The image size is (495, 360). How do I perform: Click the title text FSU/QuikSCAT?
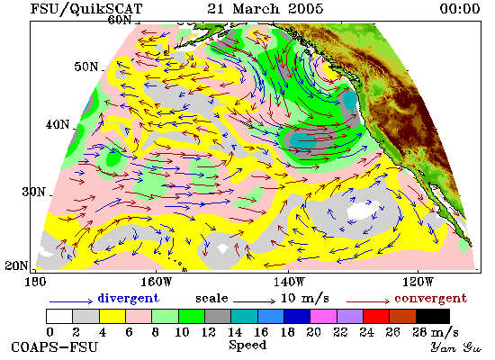tap(86, 8)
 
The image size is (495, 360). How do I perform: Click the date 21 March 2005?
tap(265, 8)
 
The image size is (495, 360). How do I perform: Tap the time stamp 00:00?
tap(460, 8)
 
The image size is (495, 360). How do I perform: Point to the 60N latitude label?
tap(120, 20)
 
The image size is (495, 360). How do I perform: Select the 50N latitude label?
tap(86, 67)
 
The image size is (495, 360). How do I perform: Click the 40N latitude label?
tap(58, 125)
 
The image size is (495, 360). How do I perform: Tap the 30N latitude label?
tap(34, 192)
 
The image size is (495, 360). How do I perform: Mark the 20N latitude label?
tap(16, 265)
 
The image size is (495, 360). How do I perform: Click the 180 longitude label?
tap(35, 282)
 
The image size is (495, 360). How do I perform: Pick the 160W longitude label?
tap(156, 282)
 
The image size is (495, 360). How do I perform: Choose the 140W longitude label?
tap(289, 282)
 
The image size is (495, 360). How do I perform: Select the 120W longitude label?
tap(418, 282)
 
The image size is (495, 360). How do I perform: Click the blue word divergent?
tap(128, 298)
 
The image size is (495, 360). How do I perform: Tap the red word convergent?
tap(431, 299)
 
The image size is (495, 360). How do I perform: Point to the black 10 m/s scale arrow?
tap(255, 301)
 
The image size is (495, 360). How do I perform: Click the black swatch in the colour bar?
tap(433, 317)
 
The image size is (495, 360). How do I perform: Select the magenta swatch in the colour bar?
tap(323, 317)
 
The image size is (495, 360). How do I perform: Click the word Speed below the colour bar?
tap(247, 346)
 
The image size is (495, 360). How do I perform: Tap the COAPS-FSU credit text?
tap(55, 347)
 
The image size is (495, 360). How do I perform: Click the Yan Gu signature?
tap(456, 347)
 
